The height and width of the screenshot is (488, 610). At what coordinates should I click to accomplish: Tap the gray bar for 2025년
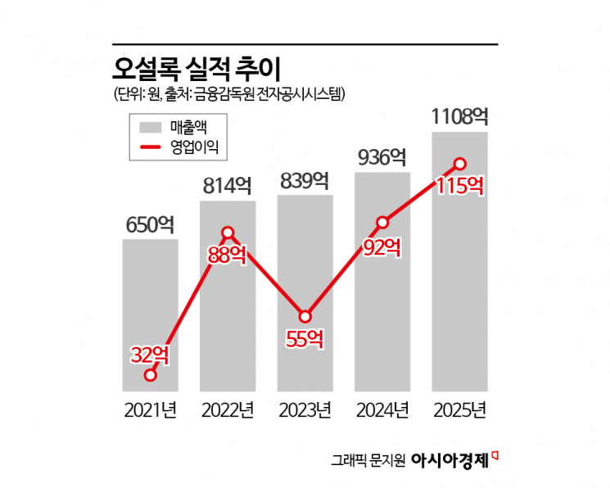[459, 270]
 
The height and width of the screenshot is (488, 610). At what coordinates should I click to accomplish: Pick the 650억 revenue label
[150, 224]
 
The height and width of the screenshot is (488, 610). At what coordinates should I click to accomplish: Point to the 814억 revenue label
[228, 186]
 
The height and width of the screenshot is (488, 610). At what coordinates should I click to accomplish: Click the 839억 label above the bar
[305, 180]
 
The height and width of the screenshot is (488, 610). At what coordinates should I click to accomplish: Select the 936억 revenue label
[382, 157]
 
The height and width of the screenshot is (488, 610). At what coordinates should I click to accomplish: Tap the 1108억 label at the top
[459, 116]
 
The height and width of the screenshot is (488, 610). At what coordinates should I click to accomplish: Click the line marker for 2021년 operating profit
[151, 375]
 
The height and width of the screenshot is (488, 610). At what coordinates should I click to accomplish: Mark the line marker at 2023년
[305, 316]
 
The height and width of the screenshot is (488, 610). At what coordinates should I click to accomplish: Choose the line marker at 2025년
[459, 163]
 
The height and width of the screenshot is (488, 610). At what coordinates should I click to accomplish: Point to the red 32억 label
[151, 355]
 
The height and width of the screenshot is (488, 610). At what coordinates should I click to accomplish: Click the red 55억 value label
[305, 338]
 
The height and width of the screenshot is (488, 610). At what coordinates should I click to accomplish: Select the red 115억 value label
[459, 185]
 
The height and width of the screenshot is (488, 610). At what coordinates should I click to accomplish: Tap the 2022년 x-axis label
[228, 409]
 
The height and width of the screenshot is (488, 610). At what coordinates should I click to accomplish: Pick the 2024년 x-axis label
[382, 409]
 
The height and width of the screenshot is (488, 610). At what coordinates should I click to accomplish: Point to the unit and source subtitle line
[229, 94]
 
